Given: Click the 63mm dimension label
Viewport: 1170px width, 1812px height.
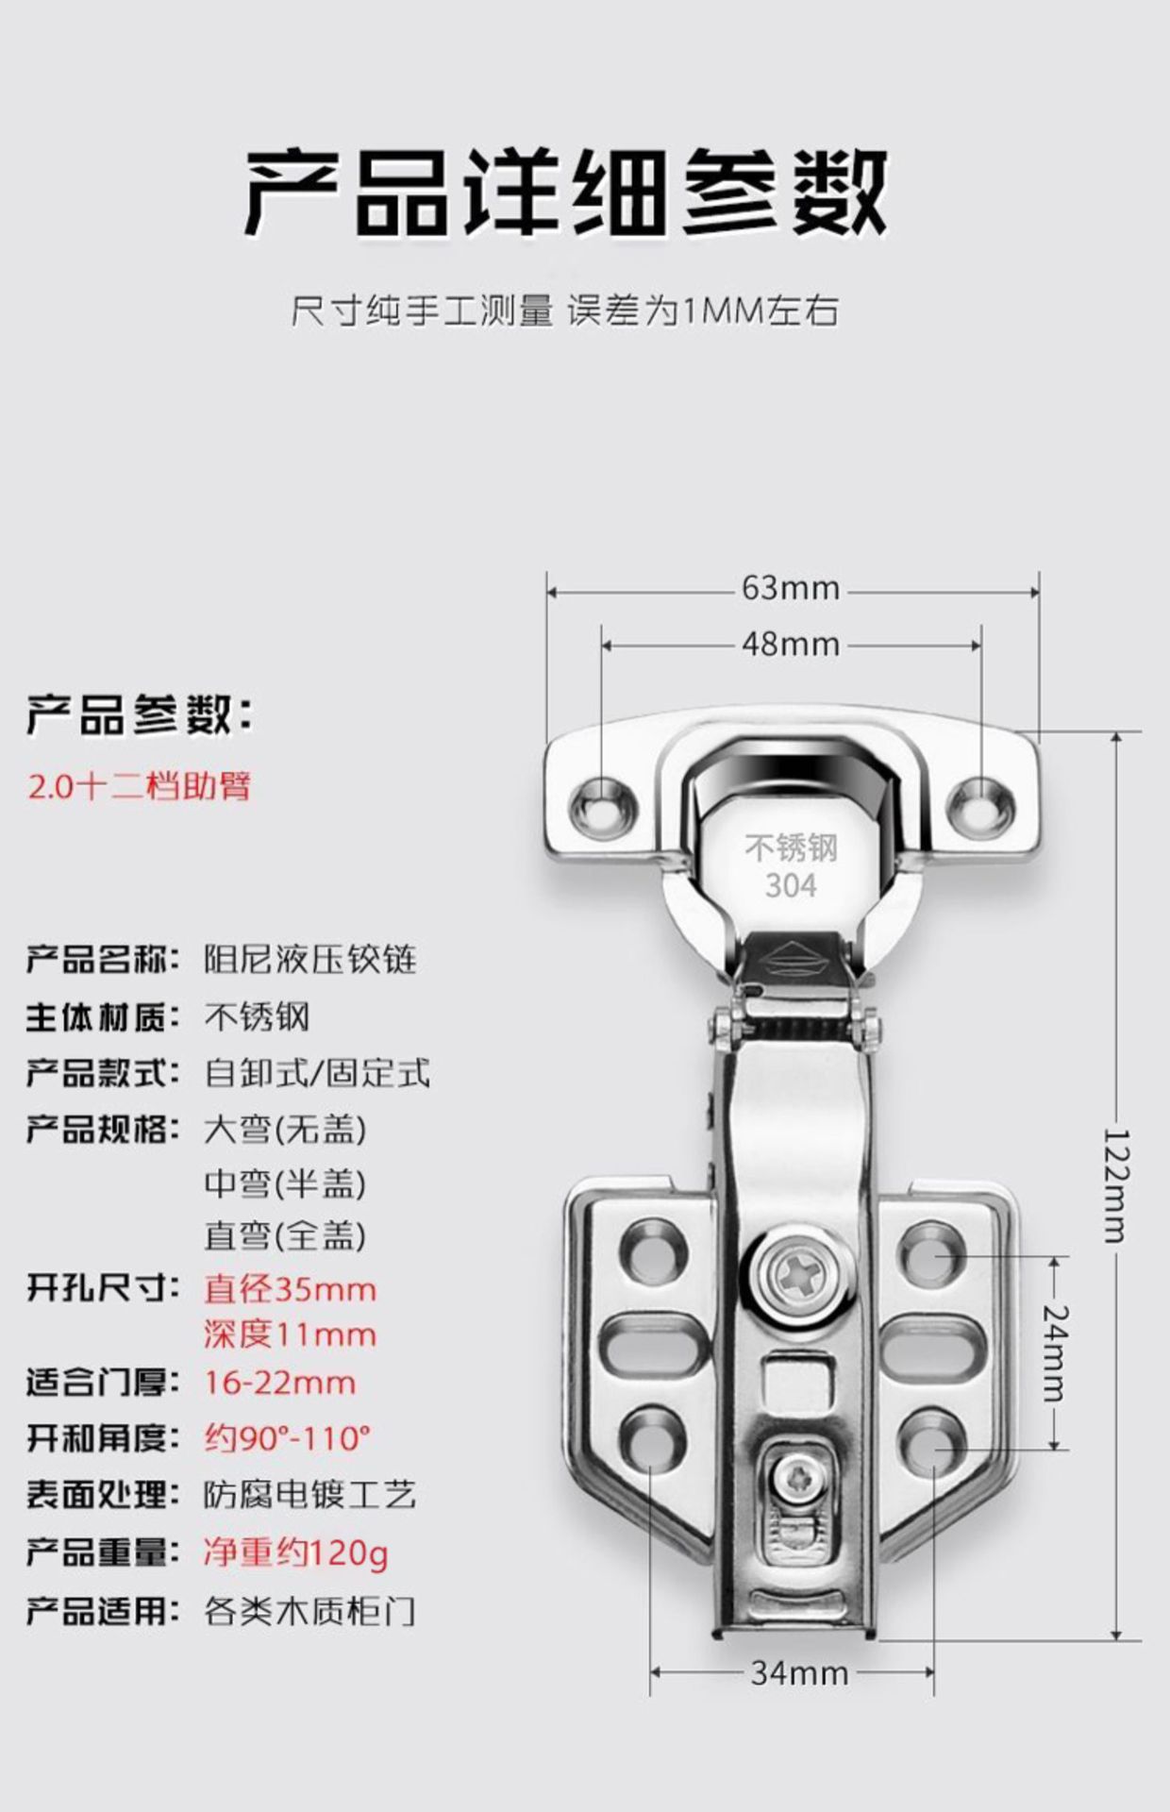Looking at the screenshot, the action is click(x=790, y=588).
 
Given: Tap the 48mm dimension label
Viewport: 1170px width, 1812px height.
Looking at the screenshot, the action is click(x=790, y=645).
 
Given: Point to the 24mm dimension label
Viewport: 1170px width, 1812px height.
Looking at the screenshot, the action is click(x=1056, y=1353).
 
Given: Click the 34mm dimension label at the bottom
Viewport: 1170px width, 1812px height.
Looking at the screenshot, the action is click(x=798, y=1673).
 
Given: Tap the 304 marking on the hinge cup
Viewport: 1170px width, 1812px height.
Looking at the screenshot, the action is click(x=791, y=885).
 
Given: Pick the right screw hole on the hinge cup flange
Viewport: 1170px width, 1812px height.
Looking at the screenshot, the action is click(x=980, y=803).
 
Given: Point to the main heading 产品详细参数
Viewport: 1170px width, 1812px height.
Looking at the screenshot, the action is click(x=566, y=192).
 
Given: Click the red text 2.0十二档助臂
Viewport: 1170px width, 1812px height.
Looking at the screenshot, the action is click(x=140, y=785).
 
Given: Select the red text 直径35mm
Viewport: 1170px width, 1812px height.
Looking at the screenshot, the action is click(x=290, y=1289).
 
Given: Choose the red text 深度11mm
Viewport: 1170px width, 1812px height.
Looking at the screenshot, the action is click(x=290, y=1334).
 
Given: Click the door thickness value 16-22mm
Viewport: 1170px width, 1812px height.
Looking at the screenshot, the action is click(x=280, y=1384).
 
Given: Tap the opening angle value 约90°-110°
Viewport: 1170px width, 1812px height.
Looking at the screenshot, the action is click(x=287, y=1438).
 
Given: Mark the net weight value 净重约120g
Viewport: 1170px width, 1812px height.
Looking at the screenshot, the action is click(x=295, y=1552).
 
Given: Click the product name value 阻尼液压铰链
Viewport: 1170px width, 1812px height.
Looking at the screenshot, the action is click(x=310, y=960).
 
